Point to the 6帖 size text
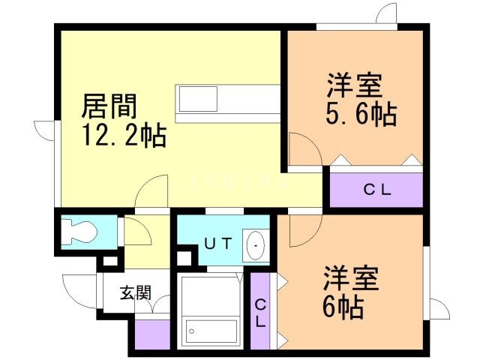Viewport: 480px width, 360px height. tap(343, 306)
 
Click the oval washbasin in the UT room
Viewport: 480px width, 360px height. tap(256, 245)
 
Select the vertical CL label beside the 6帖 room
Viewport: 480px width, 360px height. tap(259, 313)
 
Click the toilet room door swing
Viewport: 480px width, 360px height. tap(137, 232)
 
